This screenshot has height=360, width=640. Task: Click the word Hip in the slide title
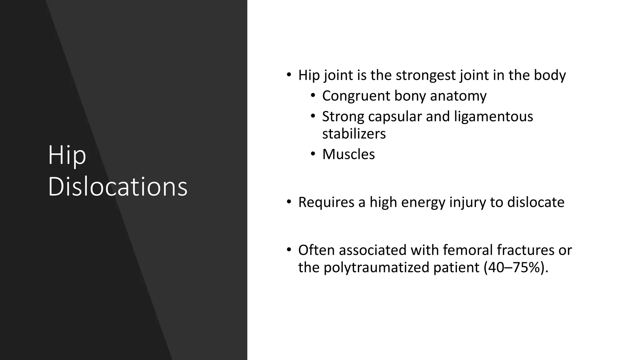67,155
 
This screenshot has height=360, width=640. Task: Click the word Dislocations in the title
117,187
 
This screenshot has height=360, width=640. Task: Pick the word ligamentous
493,117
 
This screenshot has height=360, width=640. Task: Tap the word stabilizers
354,134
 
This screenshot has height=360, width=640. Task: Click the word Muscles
348,154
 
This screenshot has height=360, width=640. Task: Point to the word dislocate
536,202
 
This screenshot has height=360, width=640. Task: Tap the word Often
317,250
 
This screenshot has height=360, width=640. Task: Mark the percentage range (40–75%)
516,267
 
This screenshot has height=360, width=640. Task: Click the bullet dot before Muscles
313,154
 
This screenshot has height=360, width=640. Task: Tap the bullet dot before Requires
289,202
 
